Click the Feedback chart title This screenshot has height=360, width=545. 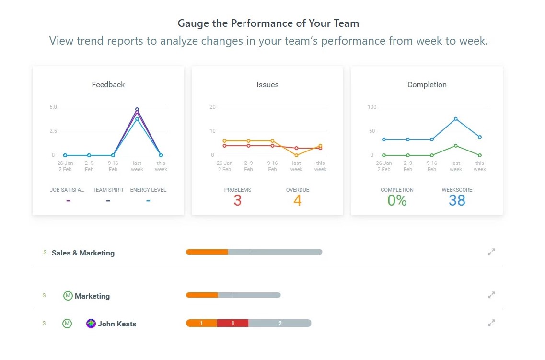pos(108,85)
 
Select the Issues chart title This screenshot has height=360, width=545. pos(267,85)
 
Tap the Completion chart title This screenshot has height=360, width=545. pos(427,85)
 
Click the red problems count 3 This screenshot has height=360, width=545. pos(237,200)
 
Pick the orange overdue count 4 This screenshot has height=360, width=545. pos(297,200)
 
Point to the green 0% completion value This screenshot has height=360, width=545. pos(397,200)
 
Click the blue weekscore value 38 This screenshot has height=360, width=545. pos(457,200)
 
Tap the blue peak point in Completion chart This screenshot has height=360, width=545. pos(456,119)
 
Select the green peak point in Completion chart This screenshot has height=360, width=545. pos(456,146)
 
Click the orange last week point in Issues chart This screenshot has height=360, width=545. pos(297,155)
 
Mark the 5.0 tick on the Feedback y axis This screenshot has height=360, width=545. pos(53,107)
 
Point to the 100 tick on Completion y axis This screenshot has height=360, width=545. pos(372,107)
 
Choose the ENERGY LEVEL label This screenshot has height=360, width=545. pos(148,190)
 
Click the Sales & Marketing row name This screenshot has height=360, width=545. pos(83,253)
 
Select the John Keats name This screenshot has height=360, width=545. pos(117,324)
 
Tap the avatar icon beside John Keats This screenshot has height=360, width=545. pos(91,324)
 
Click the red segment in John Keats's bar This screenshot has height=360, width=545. pos(232,324)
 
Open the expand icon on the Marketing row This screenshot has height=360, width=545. pos(491,295)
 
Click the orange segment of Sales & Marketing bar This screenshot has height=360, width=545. pos(207,252)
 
